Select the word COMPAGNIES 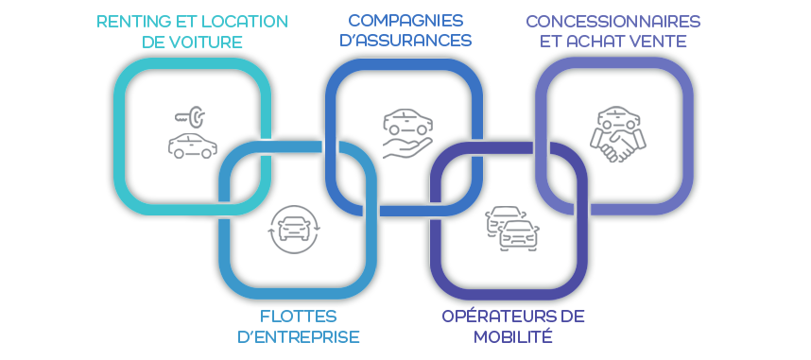click(405, 21)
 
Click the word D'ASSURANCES click(405, 41)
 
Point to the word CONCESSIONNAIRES click(613, 22)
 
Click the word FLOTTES click(298, 316)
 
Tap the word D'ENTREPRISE click(298, 336)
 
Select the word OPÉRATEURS click(496, 316)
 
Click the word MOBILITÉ click(512, 336)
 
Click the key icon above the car click(190, 117)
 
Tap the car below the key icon click(193, 146)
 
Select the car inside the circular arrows click(294, 228)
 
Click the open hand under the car click(407, 148)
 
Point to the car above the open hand click(407, 122)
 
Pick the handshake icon click(617, 145)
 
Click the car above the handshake click(618, 117)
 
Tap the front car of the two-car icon click(519, 235)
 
